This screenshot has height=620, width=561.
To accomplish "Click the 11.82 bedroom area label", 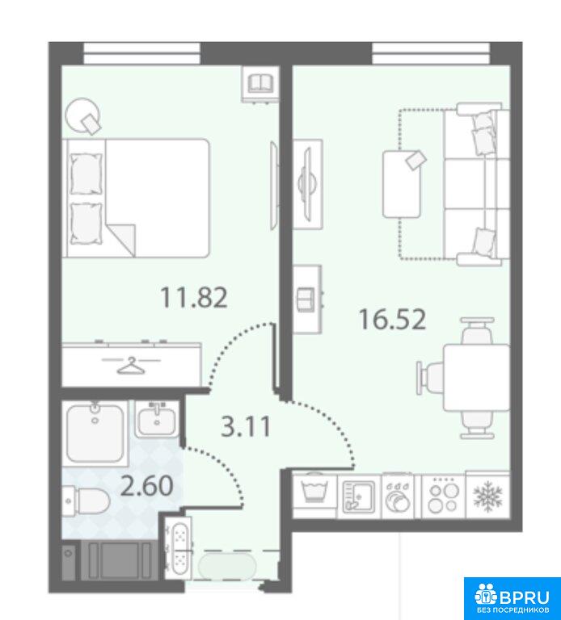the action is [193, 298].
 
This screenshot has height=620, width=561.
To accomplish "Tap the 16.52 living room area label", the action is [392, 320].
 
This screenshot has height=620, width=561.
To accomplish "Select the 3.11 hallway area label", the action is [247, 426].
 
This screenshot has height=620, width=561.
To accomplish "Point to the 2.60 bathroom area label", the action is [146, 485].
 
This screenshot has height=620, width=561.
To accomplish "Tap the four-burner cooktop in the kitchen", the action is [444, 496].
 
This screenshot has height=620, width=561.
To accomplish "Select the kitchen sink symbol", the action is [359, 496].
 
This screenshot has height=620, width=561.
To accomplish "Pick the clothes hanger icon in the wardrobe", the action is [131, 365].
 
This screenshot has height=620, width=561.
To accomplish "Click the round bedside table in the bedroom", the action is [82, 115].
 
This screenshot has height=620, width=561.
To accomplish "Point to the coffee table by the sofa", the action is [402, 184].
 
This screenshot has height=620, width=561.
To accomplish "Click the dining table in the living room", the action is [477, 378].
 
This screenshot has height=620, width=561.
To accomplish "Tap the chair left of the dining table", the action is [430, 378].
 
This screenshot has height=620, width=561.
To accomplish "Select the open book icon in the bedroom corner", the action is [260, 84].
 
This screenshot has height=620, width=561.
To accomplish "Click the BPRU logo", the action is [512, 598].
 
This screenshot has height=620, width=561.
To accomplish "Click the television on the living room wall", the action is [308, 183].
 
